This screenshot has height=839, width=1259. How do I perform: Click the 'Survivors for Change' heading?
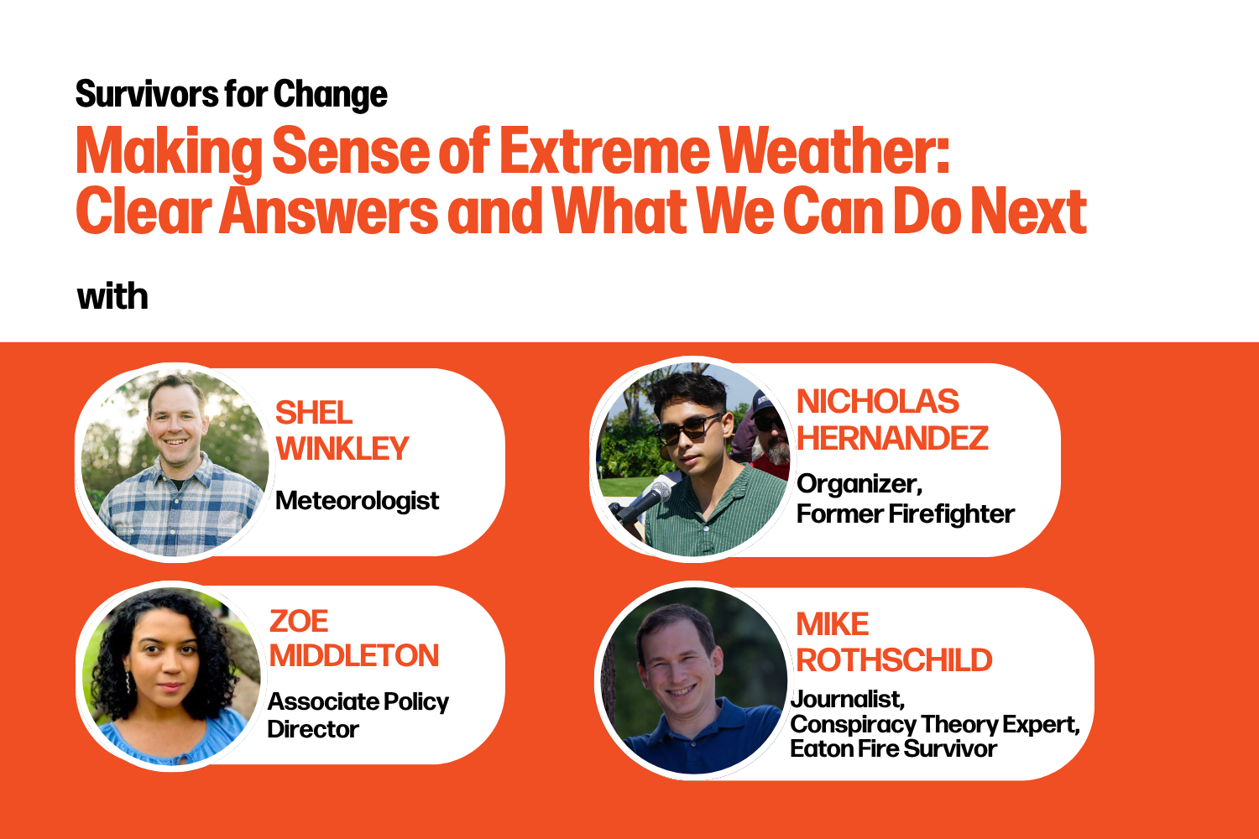(232, 95)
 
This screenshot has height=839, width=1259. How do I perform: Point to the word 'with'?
(112, 297)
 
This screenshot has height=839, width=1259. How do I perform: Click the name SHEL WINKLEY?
(342, 431)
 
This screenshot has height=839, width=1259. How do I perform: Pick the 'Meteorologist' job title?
(357, 501)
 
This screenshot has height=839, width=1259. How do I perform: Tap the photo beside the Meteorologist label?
(174, 462)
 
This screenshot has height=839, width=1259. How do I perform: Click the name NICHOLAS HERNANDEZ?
(891, 420)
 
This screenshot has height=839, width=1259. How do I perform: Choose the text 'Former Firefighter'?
(905, 513)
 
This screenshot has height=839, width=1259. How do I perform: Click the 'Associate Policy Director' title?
(358, 715)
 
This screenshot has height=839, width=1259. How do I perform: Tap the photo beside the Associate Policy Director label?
(169, 675)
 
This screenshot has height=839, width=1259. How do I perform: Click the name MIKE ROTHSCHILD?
(894, 643)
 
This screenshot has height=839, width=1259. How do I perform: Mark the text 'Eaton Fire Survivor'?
(893, 748)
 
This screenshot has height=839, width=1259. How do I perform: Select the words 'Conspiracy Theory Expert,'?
(934, 724)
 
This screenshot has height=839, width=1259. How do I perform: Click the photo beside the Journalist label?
(693, 681)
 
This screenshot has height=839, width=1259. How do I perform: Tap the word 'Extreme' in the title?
(604, 152)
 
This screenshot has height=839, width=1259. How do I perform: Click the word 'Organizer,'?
(859, 484)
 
